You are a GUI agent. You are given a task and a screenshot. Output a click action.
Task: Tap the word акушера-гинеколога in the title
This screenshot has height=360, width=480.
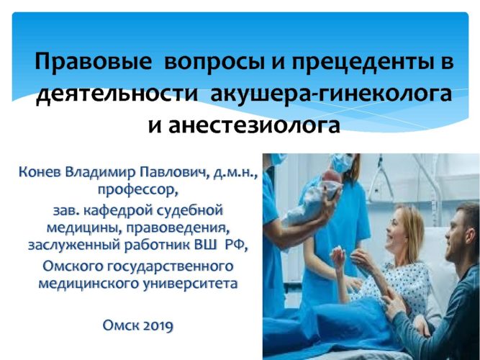click(331, 94)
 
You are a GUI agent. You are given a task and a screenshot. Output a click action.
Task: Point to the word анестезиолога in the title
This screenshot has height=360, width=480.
click(254, 125)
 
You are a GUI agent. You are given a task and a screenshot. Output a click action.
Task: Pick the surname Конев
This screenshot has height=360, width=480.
click(40, 172)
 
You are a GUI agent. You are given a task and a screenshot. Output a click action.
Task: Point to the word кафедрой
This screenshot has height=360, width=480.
click(112, 211)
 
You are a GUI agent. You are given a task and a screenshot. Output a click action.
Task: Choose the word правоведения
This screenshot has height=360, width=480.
click(178, 228)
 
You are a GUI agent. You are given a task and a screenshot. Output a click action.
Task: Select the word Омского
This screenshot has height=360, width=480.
click(73, 266)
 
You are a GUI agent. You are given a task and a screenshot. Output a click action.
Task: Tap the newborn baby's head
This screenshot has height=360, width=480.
click(331, 177)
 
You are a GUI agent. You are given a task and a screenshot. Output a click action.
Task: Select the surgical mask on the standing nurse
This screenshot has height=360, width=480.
click(343, 163)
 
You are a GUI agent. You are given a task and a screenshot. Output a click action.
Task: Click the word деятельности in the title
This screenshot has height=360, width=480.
click(117, 94)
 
